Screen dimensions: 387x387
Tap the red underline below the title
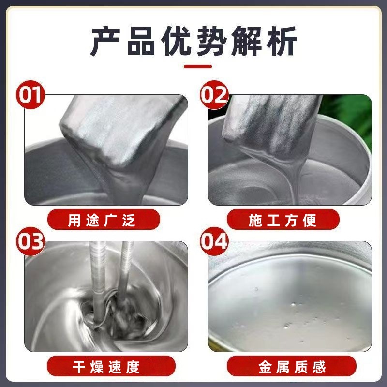pyautogui.click(x=193, y=67)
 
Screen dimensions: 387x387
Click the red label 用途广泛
pyautogui.click(x=102, y=221)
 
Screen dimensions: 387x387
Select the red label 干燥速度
pyautogui.click(x=102, y=366)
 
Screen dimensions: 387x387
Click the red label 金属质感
pyautogui.click(x=284, y=366)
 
